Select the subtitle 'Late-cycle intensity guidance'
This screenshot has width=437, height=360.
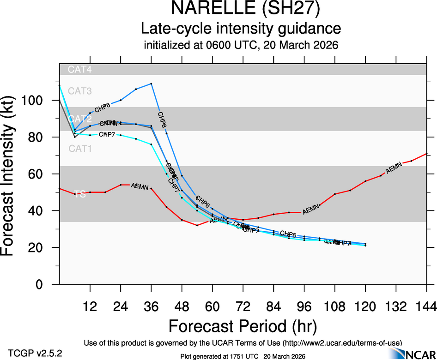coord(241,29)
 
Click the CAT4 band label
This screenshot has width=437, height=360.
coord(80,70)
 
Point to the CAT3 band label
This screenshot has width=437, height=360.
coord(80,91)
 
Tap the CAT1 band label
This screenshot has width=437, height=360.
coord(80,149)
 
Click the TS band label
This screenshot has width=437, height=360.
coord(80,194)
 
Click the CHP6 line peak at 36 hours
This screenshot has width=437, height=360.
coord(152,84)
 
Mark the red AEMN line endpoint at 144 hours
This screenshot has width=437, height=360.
coord(426,153)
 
